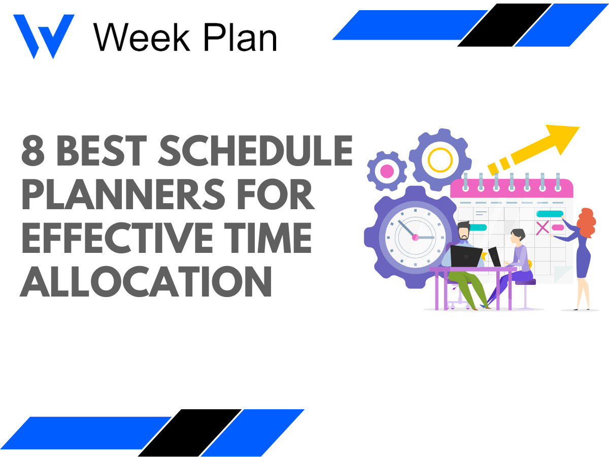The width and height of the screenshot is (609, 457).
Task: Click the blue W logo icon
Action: click(x=43, y=36)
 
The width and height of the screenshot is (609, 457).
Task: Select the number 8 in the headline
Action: click(x=33, y=151)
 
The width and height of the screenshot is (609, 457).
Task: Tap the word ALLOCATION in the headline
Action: click(x=146, y=283)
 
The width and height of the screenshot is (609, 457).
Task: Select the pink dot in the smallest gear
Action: click(x=387, y=171)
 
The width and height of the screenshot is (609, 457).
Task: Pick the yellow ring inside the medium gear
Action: click(x=439, y=159)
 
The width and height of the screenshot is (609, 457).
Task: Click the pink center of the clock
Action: click(x=415, y=237)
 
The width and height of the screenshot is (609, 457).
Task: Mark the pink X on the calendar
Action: click(x=543, y=227)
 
